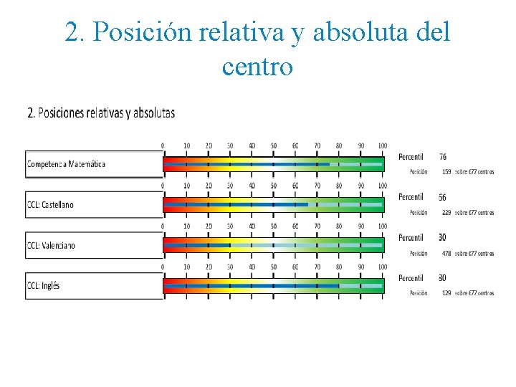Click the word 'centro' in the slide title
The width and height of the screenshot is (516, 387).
257,67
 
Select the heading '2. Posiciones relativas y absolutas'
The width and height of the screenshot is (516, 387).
100,113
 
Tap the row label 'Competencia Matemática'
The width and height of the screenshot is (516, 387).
66,164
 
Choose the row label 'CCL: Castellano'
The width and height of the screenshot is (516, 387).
50,205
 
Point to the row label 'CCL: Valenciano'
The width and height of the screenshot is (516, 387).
51,245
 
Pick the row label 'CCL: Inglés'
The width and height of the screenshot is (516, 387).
43,285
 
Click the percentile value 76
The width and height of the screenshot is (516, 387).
443,157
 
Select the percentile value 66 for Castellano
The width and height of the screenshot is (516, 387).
443,197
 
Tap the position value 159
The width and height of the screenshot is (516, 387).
446,172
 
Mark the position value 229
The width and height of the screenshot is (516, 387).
446,212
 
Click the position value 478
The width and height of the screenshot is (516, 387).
446,253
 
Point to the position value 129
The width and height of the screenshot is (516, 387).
446,293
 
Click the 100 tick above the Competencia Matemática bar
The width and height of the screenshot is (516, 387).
382,145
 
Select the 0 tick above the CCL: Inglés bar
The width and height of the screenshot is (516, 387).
163,267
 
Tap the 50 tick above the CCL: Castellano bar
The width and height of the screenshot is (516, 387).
273,186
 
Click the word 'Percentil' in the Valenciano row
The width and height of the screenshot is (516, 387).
411,237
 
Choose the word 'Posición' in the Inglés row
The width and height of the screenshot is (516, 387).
419,293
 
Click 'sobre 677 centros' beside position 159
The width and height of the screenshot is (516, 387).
474,172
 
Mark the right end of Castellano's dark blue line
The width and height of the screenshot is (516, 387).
308,204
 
